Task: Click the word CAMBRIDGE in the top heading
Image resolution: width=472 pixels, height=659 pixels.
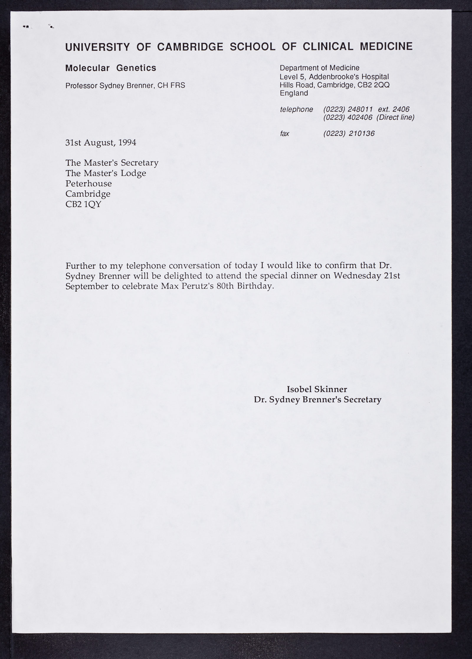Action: [x=190, y=47]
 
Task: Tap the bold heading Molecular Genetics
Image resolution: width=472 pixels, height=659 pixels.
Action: [x=111, y=68]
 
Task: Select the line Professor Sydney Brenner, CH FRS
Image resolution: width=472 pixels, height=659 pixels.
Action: [x=125, y=86]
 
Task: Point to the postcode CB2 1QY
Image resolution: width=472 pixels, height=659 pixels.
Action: [x=83, y=204]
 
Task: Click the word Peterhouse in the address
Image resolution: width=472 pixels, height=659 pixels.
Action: [x=88, y=183]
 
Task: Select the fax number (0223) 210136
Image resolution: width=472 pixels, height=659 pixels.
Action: [x=349, y=134]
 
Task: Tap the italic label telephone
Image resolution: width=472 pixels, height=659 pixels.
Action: [x=296, y=109]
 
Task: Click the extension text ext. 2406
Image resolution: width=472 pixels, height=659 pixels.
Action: [x=394, y=109]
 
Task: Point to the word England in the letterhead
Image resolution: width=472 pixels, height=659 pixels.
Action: [x=294, y=93]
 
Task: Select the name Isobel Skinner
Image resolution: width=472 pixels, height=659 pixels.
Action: [x=317, y=389]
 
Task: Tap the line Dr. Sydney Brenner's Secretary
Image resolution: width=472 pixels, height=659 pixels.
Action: [x=317, y=400]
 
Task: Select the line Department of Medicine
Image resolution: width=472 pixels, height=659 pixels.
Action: [x=319, y=68]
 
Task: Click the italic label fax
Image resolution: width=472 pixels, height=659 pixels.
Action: [x=284, y=134]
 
